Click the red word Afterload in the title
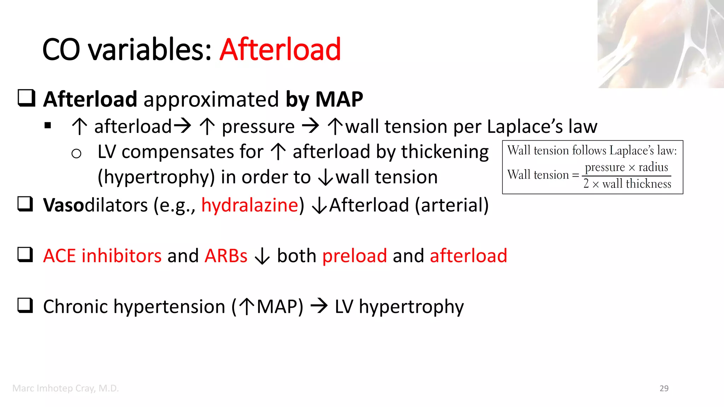click(280, 49)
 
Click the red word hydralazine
click(250, 205)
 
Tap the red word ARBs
click(226, 256)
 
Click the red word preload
click(355, 256)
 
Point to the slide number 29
click(664, 388)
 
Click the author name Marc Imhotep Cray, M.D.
click(65, 388)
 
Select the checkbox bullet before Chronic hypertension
click(25, 306)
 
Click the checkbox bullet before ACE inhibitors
click(25, 255)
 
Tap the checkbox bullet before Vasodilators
click(25, 204)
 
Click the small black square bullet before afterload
click(48, 125)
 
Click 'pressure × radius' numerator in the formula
click(626, 167)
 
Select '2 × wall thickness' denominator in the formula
click(627, 184)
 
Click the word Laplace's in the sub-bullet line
click(525, 126)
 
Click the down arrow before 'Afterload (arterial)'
click(320, 206)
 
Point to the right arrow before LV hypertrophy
click(319, 306)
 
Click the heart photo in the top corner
click(660, 44)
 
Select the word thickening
click(445, 152)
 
